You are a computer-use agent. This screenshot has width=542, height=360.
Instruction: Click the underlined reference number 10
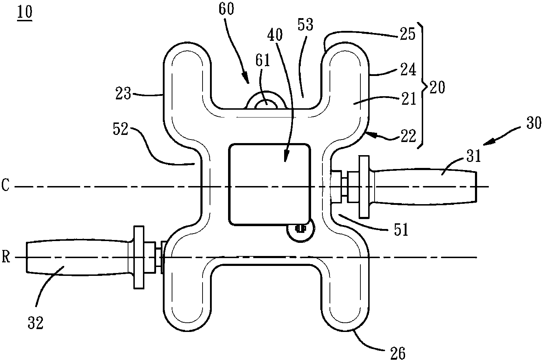click(x=25, y=12)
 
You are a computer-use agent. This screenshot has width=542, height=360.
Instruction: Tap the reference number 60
click(x=226, y=9)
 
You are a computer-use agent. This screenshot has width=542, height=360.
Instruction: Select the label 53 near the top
click(x=305, y=24)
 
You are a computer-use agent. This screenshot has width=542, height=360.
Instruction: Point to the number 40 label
click(x=275, y=35)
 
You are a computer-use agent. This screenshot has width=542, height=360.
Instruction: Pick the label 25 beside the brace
click(x=408, y=34)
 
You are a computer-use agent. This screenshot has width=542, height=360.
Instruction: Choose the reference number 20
click(x=437, y=87)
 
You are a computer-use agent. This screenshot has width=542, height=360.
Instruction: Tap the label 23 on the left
click(x=123, y=93)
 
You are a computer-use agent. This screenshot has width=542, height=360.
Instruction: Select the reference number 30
click(x=533, y=123)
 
